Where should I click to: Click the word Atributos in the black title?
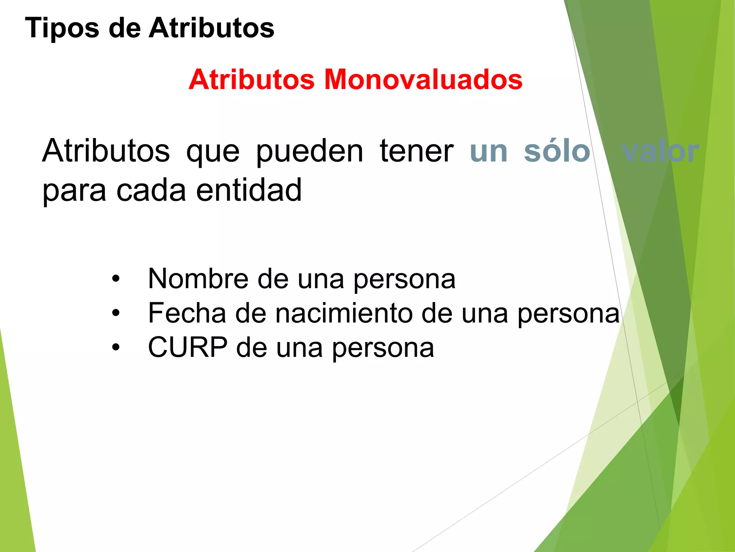click(x=211, y=28)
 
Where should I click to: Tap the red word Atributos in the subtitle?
click(x=252, y=79)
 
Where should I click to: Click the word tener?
click(x=416, y=151)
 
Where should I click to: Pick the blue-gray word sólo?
click(x=557, y=151)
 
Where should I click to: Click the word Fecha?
click(x=187, y=313)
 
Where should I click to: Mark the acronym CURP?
click(x=188, y=347)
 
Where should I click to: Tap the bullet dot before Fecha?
click(x=115, y=313)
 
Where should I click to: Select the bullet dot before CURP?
click(x=115, y=348)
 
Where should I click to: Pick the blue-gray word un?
click(x=488, y=151)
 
